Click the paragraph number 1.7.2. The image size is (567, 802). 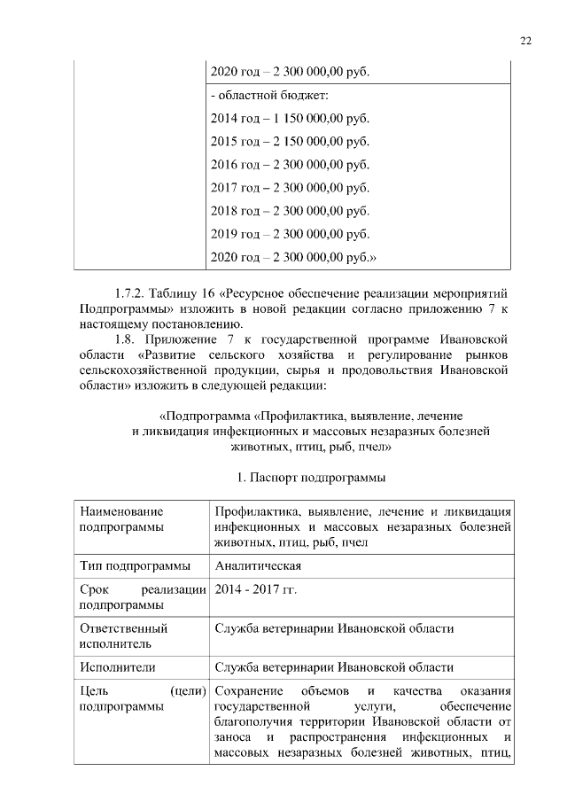(x=129, y=292)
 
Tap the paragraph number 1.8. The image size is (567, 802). (x=126, y=339)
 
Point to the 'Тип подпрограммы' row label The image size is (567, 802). (x=135, y=566)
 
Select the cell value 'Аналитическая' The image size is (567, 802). (x=258, y=566)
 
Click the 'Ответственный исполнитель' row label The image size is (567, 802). (x=123, y=635)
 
